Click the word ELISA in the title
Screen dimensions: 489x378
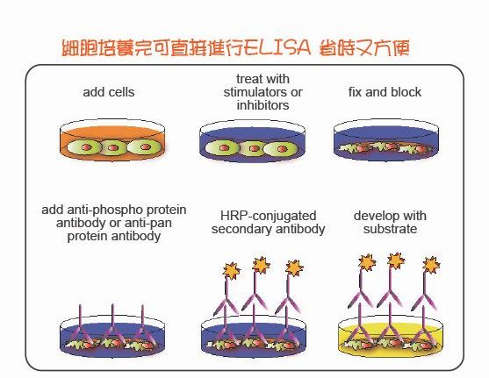(277, 47)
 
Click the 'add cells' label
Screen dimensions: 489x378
(109, 92)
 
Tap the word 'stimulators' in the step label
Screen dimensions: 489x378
(253, 92)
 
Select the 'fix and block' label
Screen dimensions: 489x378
(385, 92)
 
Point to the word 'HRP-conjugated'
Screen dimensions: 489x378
(268, 216)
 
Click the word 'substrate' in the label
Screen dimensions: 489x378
(390, 229)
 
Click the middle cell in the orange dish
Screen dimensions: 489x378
(112, 147)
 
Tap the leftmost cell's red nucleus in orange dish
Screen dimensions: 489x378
(86, 147)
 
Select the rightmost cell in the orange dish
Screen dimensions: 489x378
(144, 146)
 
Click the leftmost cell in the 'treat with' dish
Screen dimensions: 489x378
(223, 148)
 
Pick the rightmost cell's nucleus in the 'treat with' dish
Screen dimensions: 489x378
(282, 148)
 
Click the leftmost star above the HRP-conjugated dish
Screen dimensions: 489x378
(232, 271)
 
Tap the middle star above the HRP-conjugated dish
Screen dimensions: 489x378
(261, 265)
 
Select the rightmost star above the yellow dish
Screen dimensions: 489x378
(431, 265)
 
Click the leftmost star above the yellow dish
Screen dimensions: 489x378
(367, 262)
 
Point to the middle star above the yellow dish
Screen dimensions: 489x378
(396, 260)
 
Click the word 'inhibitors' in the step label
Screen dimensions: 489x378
(262, 105)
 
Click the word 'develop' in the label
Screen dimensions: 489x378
(374, 217)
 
